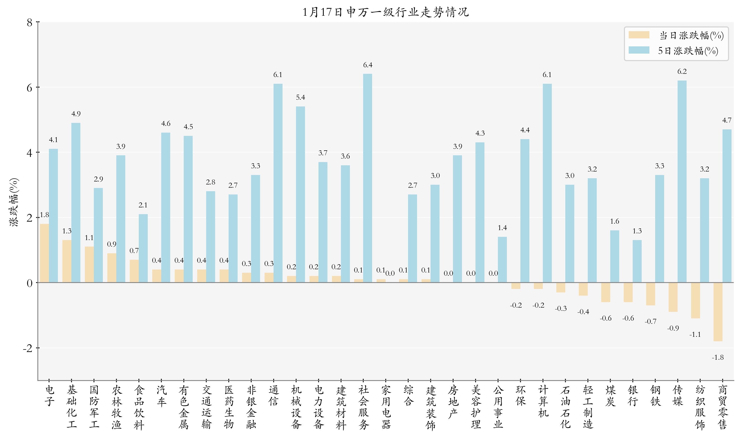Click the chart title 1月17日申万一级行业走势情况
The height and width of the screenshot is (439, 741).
pyautogui.click(x=385, y=12)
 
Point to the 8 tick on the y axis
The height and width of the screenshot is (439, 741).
pyautogui.click(x=30, y=22)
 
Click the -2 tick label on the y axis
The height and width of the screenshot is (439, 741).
pyautogui.click(x=28, y=349)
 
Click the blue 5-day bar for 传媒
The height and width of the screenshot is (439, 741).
pyautogui.click(x=682, y=181)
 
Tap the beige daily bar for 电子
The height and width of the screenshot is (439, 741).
pyautogui.click(x=44, y=253)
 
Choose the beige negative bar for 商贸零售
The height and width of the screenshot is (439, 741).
pyautogui.click(x=718, y=312)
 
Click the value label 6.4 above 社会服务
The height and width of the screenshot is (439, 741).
pyautogui.click(x=368, y=65)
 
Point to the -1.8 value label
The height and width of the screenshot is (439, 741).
pyautogui.click(x=718, y=357)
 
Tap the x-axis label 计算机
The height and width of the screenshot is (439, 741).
pyautogui.click(x=543, y=401)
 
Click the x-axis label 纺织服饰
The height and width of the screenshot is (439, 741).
pyautogui.click(x=700, y=407)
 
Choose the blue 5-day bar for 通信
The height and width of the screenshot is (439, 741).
pyautogui.click(x=278, y=183)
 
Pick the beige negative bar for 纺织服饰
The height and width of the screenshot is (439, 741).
pyautogui.click(x=695, y=300)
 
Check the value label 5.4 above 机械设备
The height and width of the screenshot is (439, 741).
pyautogui.click(x=300, y=97)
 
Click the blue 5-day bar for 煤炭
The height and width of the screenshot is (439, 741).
pyautogui.click(x=614, y=256)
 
